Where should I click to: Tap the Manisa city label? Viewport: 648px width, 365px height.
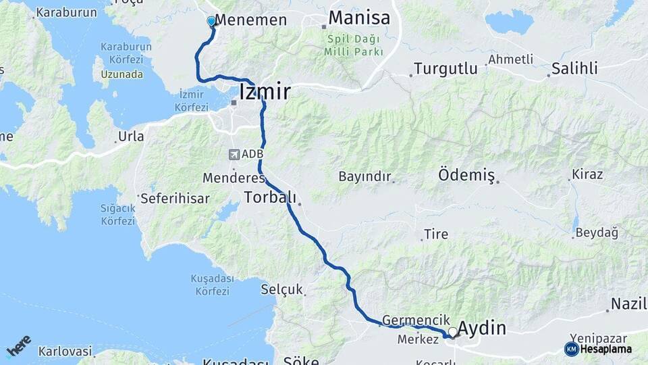[x=359, y=18]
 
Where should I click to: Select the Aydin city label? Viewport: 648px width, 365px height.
[x=482, y=328]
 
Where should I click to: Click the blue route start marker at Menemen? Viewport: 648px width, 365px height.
[x=211, y=21]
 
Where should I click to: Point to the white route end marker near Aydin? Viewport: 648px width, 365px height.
[x=452, y=331]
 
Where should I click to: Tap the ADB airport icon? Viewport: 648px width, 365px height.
[x=234, y=154]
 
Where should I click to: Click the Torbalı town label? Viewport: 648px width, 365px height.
[x=270, y=197]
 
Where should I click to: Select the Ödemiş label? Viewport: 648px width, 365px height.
[x=466, y=174]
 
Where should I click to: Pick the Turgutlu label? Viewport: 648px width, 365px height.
[x=446, y=68]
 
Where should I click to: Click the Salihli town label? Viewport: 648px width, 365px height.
[x=574, y=68]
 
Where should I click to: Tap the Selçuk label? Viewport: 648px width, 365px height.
[x=281, y=289]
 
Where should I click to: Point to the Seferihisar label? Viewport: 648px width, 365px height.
[x=175, y=199]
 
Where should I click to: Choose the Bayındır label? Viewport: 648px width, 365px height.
[x=364, y=176]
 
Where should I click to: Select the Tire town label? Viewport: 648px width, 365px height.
[x=435, y=235]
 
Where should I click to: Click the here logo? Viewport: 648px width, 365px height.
[x=18, y=345]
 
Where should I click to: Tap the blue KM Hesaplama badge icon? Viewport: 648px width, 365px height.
[x=571, y=349]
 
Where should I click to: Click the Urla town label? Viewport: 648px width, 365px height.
[x=131, y=137]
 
